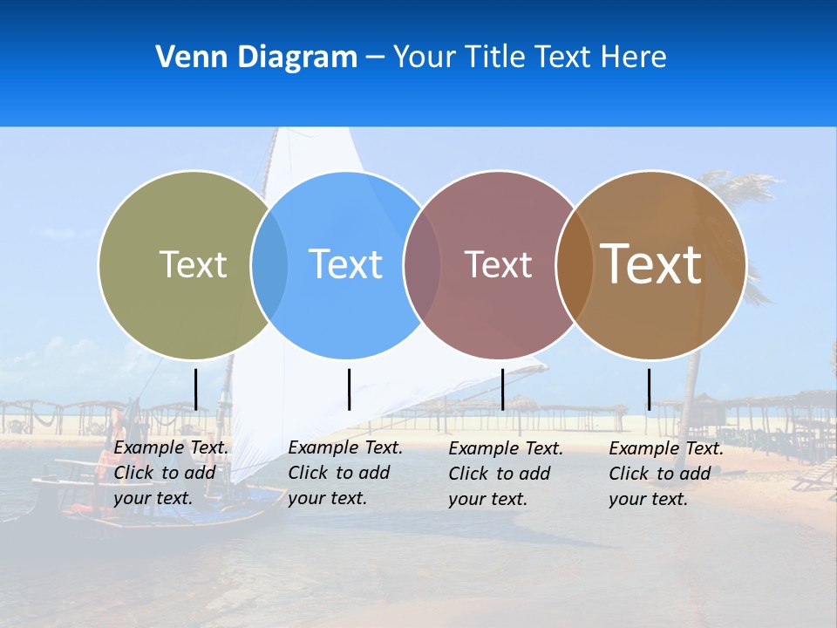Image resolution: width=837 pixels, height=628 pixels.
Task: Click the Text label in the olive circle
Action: click(x=193, y=264)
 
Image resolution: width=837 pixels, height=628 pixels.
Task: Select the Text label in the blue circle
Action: click(x=345, y=264)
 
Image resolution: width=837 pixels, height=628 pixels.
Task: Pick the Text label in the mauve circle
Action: click(x=498, y=264)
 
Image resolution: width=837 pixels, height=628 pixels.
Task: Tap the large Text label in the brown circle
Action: click(x=651, y=264)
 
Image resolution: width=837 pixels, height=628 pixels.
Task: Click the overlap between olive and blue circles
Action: click(x=269, y=264)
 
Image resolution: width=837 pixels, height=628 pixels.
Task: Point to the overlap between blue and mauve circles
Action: click(x=422, y=264)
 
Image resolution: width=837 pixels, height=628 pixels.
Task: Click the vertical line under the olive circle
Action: click(x=196, y=389)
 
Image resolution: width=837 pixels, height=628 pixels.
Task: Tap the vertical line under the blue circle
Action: click(x=349, y=389)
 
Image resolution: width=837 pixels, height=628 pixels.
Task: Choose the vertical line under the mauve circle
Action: click(x=503, y=389)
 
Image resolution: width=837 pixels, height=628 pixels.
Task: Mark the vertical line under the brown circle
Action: click(x=649, y=389)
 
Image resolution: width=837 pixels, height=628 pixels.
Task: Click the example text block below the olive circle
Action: click(x=171, y=473)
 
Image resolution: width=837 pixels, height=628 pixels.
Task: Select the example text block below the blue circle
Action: click(x=345, y=473)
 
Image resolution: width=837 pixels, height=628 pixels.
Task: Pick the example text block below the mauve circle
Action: click(x=506, y=474)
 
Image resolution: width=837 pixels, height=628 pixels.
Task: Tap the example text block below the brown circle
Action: click(x=666, y=474)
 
